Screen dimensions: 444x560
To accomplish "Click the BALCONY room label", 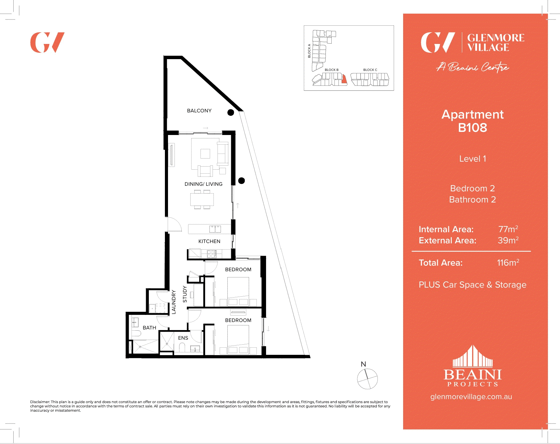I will coord(199,111).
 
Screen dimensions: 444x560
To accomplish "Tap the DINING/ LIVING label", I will coord(203,184).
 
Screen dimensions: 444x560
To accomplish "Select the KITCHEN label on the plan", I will coord(209,241).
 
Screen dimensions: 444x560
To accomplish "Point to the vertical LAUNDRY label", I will coord(174,302).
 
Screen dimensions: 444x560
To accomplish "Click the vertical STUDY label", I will coord(185,294).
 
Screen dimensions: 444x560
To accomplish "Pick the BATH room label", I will coord(149,328).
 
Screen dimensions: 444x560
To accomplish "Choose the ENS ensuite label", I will coord(183,338).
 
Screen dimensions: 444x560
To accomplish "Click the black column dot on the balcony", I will coord(230,112).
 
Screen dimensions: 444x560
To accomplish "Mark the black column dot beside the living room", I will coord(242,181).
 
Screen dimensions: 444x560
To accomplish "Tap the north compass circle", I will coord(367,379).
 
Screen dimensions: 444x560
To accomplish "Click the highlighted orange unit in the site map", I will coord(344,80).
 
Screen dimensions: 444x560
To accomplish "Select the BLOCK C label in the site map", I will coord(370,70).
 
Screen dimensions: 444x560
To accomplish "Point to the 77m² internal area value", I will coord(508,229).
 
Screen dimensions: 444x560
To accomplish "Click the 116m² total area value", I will coord(508,263).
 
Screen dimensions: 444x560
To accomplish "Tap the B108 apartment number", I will coord(472,128).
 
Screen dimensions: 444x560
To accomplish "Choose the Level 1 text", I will coord(472,159).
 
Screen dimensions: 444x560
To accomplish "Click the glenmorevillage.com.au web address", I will coord(471,397).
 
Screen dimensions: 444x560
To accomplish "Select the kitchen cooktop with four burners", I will coord(212,254).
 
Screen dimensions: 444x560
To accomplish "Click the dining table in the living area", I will coord(202,199).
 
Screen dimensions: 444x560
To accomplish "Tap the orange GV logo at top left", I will coord(47,42).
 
